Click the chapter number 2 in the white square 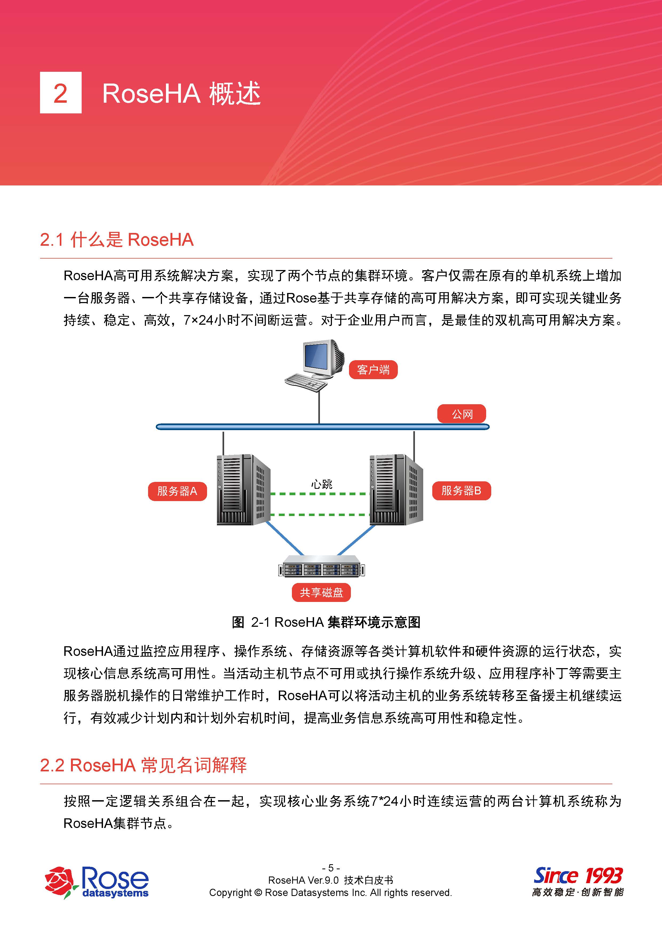click(60, 93)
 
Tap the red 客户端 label click(373, 370)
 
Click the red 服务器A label click(177, 491)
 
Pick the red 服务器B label click(461, 491)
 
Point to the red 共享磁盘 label click(321, 593)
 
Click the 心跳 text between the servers click(322, 484)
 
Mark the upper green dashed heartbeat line click(320, 494)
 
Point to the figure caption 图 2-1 click(326, 622)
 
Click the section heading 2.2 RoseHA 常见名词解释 click(144, 765)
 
